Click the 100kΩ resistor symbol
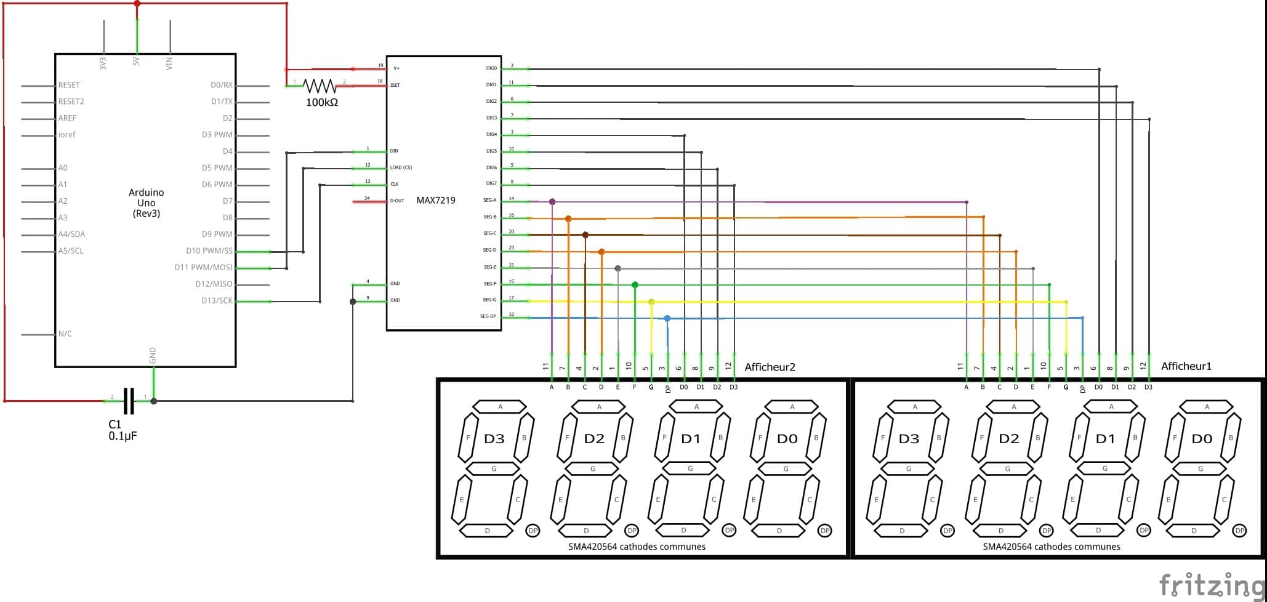[x=320, y=86]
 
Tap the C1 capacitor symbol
[x=129, y=401]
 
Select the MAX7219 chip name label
[x=436, y=200]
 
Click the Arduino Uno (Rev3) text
[x=146, y=203]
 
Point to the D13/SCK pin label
[x=217, y=300]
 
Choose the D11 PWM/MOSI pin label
[x=203, y=267]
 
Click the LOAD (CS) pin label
[x=401, y=167]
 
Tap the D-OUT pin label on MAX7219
[x=397, y=201]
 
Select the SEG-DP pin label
[x=488, y=316]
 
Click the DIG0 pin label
[x=491, y=68]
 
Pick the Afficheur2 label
[x=770, y=367]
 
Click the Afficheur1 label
[x=1186, y=366]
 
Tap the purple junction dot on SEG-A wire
[x=552, y=202]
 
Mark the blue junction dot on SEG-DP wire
[x=667, y=318]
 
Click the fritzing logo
[x=1210, y=584]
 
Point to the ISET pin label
[x=395, y=85]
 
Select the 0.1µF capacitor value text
[x=123, y=436]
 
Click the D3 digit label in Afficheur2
[x=494, y=439]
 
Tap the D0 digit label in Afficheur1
[x=1202, y=439]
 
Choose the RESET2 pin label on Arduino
[x=71, y=102]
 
